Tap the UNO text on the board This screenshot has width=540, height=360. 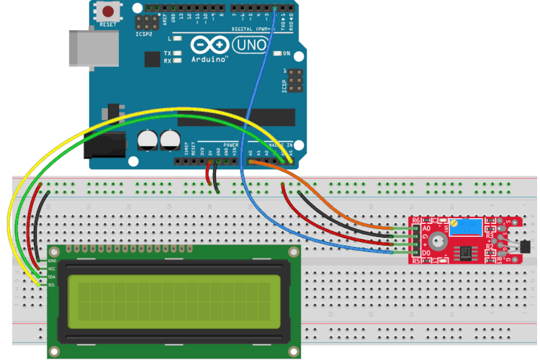(252, 45)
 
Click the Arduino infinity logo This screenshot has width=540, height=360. (210, 45)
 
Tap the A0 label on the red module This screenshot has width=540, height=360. (426, 228)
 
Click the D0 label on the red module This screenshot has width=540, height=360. (426, 253)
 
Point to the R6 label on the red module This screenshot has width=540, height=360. (415, 220)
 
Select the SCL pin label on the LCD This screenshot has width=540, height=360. (52, 286)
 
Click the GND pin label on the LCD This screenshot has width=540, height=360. (52, 260)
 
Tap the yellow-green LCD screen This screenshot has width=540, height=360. (170, 302)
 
